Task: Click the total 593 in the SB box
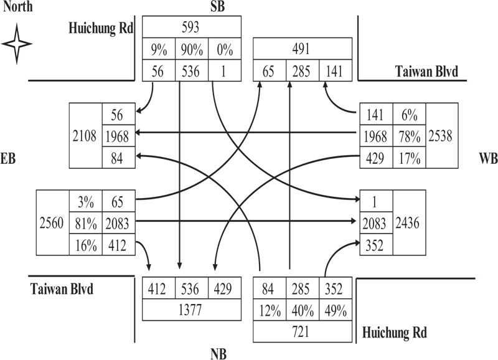[192, 27]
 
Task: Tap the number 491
[302, 48]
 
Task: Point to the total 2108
[87, 136]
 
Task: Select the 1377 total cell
[192, 310]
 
